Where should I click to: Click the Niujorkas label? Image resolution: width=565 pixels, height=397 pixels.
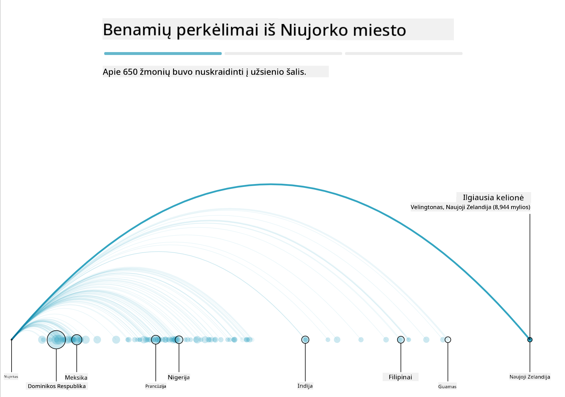click(x=11, y=376)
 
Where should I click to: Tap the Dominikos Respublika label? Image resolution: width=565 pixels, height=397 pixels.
click(x=57, y=386)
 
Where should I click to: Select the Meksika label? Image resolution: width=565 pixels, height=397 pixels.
click(x=76, y=377)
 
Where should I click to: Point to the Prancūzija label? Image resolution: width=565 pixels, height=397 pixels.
click(x=156, y=386)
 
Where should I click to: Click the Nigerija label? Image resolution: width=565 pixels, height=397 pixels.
click(x=179, y=377)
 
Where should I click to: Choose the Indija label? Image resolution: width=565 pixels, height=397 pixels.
click(x=305, y=386)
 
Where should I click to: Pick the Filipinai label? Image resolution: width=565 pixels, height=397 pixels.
click(x=400, y=377)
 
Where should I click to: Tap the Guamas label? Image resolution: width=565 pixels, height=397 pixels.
click(x=447, y=386)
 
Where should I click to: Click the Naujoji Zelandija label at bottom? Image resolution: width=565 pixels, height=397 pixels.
click(x=530, y=377)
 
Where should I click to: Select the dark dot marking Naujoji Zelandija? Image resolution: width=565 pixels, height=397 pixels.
click(x=530, y=340)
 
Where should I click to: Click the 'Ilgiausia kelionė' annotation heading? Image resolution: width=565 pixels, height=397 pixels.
click(x=493, y=198)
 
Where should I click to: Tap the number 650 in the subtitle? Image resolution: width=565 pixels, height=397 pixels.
click(x=130, y=72)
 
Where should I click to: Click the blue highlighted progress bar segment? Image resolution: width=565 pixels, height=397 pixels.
click(x=163, y=54)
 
